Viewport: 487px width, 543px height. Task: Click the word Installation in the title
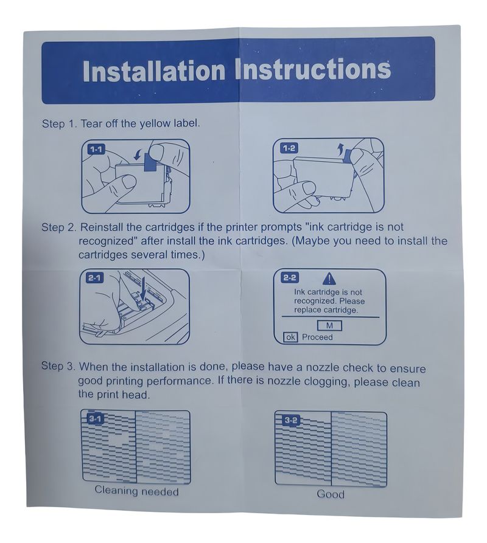pyautogui.click(x=154, y=71)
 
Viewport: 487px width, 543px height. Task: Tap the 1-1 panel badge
pyautogui.click(x=96, y=150)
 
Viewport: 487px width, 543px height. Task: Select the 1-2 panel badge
pyautogui.click(x=289, y=148)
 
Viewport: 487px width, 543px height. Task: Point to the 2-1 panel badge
pyautogui.click(x=94, y=278)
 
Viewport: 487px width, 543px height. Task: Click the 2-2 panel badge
pyautogui.click(x=290, y=278)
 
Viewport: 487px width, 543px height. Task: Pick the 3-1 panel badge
pyautogui.click(x=94, y=419)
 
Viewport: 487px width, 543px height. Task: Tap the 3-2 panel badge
pyautogui.click(x=290, y=420)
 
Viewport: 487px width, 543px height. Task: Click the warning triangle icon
pyautogui.click(x=329, y=278)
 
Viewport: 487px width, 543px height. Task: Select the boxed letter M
pyautogui.click(x=329, y=326)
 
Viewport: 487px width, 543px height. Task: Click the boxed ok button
pyautogui.click(x=290, y=337)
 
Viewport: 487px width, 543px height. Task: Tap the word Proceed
pyautogui.click(x=317, y=337)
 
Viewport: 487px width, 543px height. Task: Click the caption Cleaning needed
pyautogui.click(x=136, y=491)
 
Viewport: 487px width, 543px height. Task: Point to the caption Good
pyautogui.click(x=331, y=494)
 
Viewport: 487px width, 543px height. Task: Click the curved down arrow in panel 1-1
pyautogui.click(x=138, y=154)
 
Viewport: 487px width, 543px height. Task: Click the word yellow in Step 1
pyautogui.click(x=155, y=123)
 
